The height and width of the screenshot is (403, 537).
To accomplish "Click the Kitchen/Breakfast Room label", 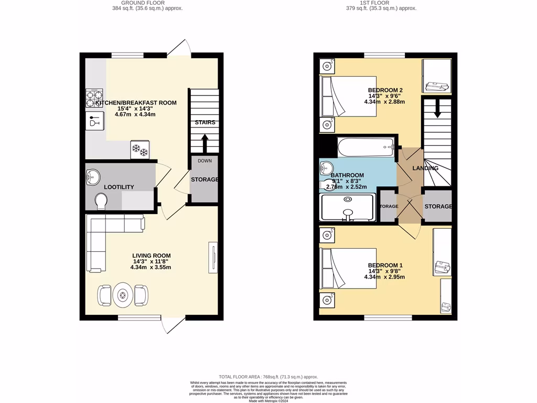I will tap(136, 103).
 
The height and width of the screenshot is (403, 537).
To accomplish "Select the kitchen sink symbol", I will tap(95, 122).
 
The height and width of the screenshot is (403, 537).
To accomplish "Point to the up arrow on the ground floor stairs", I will tap(205, 142).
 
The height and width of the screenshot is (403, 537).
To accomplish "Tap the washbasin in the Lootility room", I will tap(93, 176).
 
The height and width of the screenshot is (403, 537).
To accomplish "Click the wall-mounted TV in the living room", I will tap(213, 257).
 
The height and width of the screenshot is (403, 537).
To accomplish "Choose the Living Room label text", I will tap(151, 256).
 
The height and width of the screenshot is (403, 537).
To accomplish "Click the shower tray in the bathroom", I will tap(348, 208).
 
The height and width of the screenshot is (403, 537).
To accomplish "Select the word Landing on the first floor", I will tap(425, 168).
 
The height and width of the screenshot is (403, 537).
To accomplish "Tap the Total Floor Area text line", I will tap(268, 377).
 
